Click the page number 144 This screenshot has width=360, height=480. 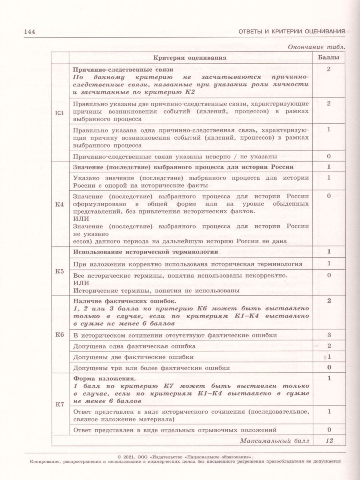tap(30, 32)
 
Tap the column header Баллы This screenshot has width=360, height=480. tap(328, 58)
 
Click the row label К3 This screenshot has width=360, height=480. tap(60, 113)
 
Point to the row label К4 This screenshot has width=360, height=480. tap(60, 205)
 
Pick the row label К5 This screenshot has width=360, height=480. tap(60, 272)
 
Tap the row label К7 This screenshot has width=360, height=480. tap(60, 404)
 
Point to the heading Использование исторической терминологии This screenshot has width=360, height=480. tap(146, 252)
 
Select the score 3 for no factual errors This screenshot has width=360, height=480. tap(328, 335)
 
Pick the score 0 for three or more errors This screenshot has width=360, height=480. tap(328, 367)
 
